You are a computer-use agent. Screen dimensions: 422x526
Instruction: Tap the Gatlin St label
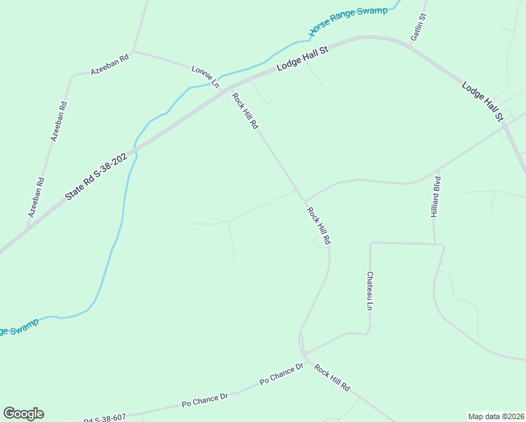click(x=418, y=27)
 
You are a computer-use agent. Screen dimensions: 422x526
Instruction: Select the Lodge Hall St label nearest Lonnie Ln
click(x=303, y=58)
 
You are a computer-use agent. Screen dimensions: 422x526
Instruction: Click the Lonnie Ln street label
click(x=205, y=76)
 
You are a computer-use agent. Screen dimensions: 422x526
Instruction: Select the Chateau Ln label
click(x=368, y=292)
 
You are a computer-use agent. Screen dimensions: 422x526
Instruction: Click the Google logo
click(x=23, y=414)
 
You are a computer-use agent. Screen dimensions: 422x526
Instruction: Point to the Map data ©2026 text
click(x=496, y=416)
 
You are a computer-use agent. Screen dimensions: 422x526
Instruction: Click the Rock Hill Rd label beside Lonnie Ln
click(x=246, y=113)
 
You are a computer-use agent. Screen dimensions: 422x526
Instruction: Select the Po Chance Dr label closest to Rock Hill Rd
click(x=281, y=373)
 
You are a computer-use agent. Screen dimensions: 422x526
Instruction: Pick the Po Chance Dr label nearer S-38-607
click(x=205, y=399)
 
